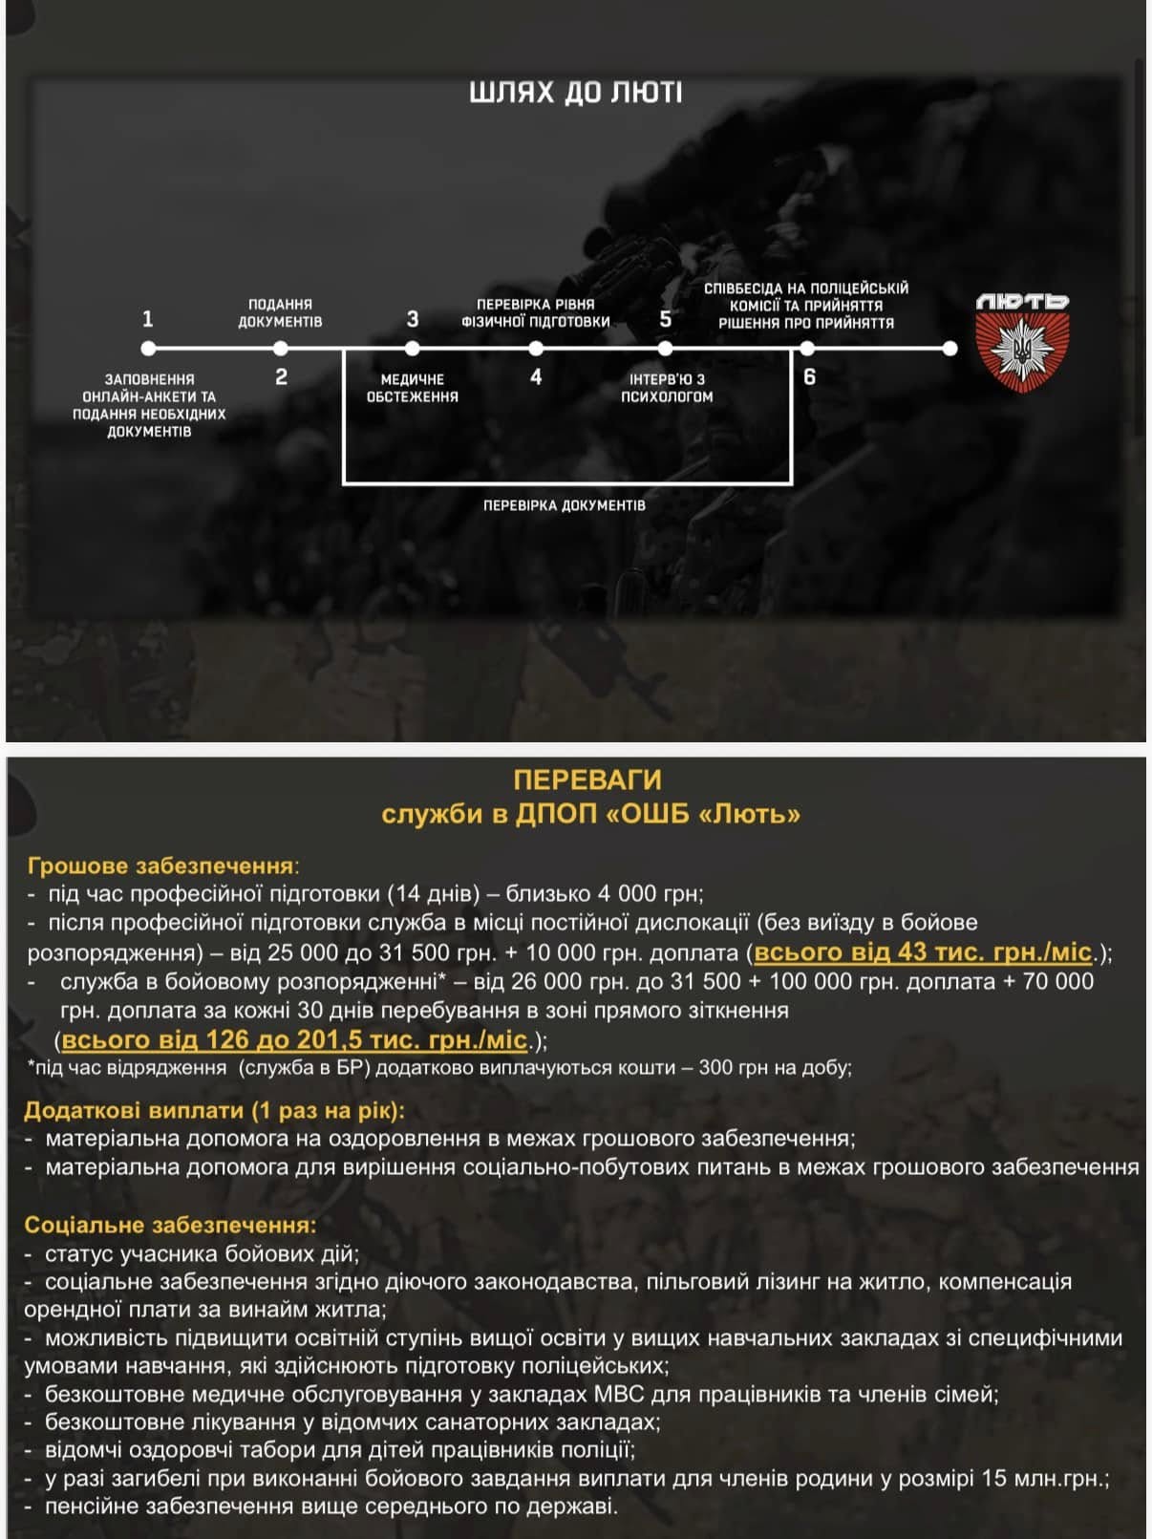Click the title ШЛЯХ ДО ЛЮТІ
[576, 93]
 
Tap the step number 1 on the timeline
[147, 319]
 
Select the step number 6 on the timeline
[810, 377]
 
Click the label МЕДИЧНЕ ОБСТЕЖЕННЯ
[413, 388]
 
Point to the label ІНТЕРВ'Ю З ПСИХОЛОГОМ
[667, 388]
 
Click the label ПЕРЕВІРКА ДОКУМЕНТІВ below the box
[565, 505]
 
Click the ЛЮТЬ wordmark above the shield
[1022, 302]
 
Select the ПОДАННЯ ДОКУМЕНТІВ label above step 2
[280, 312]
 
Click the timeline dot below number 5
[666, 349]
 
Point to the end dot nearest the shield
[949, 349]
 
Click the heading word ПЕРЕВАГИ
[587, 780]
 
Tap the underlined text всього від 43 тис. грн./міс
[923, 952]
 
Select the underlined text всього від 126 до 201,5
[295, 1039]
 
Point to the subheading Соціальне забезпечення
[168, 1225]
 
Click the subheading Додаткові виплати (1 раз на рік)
[214, 1110]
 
